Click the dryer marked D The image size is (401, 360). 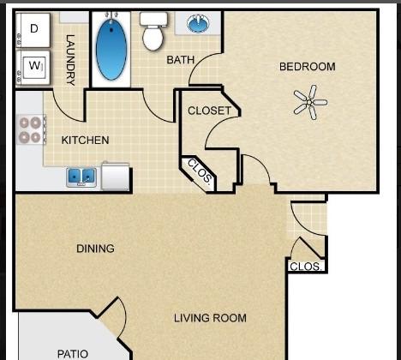(33, 30)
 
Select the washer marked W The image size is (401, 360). (33, 68)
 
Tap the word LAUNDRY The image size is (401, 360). (70, 60)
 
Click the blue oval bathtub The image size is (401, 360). (111, 49)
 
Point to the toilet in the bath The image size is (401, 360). (153, 31)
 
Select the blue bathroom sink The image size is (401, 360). (198, 23)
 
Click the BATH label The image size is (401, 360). (181, 60)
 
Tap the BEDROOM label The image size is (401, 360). (308, 67)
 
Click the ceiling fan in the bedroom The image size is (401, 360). (310, 102)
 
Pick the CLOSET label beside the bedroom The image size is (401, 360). (209, 111)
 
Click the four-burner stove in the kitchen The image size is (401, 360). (31, 129)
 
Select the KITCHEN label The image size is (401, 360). (85, 141)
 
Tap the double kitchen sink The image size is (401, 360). (81, 177)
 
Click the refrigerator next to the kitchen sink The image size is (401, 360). (116, 176)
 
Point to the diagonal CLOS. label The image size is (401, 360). (200, 171)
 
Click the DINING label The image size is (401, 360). (95, 249)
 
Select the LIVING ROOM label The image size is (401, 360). (210, 318)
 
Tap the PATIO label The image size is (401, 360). (73, 354)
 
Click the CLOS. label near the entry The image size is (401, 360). (306, 267)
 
